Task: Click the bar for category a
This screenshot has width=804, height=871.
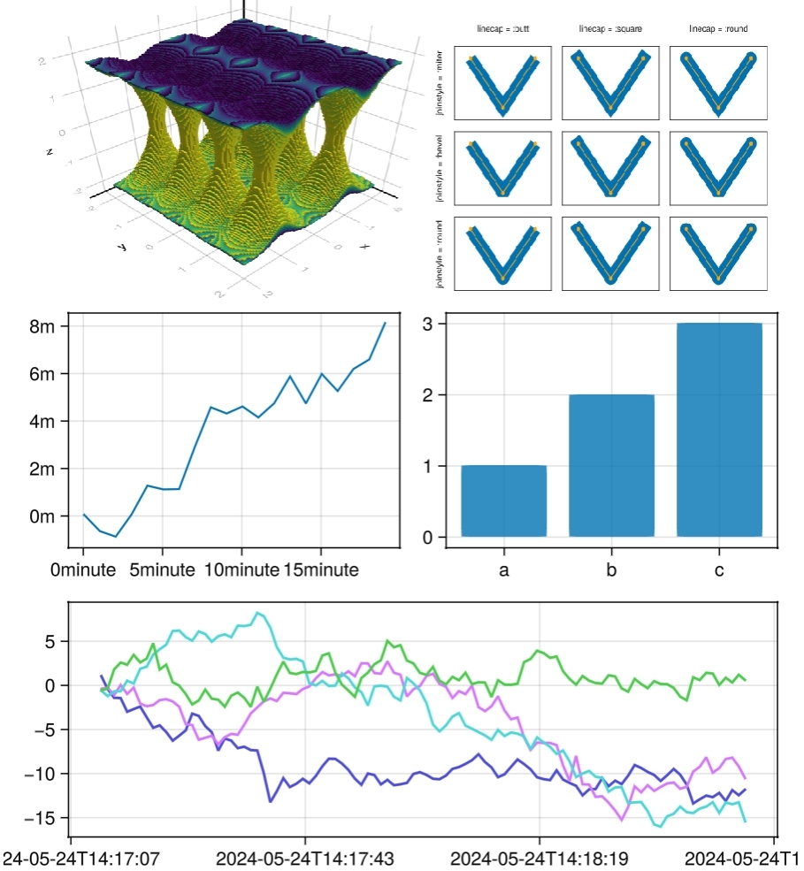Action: pyautogui.click(x=503, y=500)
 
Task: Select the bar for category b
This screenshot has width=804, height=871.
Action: pyautogui.click(x=611, y=465)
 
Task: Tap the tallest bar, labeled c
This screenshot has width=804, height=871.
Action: pyautogui.click(x=719, y=430)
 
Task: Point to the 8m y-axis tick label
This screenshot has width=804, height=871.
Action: pyautogui.click(x=42, y=326)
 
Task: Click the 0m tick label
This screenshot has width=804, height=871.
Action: pyautogui.click(x=42, y=516)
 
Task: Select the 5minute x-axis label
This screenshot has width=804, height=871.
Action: pyautogui.click(x=162, y=570)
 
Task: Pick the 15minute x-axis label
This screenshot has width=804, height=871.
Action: pyautogui.click(x=320, y=570)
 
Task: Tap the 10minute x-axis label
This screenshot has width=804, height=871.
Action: pyautogui.click(x=241, y=570)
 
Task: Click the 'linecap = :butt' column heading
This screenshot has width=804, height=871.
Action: pyautogui.click(x=502, y=29)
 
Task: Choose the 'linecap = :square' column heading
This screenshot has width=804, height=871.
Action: pyautogui.click(x=610, y=29)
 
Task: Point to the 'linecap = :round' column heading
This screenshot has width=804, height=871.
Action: pyautogui.click(x=718, y=29)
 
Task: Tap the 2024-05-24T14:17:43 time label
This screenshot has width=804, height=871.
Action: pyautogui.click(x=305, y=859)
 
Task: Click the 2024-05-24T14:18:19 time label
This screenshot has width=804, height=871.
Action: pyautogui.click(x=540, y=859)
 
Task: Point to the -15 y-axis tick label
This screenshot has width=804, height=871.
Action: pyautogui.click(x=44, y=819)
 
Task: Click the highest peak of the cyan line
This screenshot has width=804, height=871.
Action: pyautogui.click(x=257, y=613)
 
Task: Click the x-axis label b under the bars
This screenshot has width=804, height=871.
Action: pyautogui.click(x=611, y=570)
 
